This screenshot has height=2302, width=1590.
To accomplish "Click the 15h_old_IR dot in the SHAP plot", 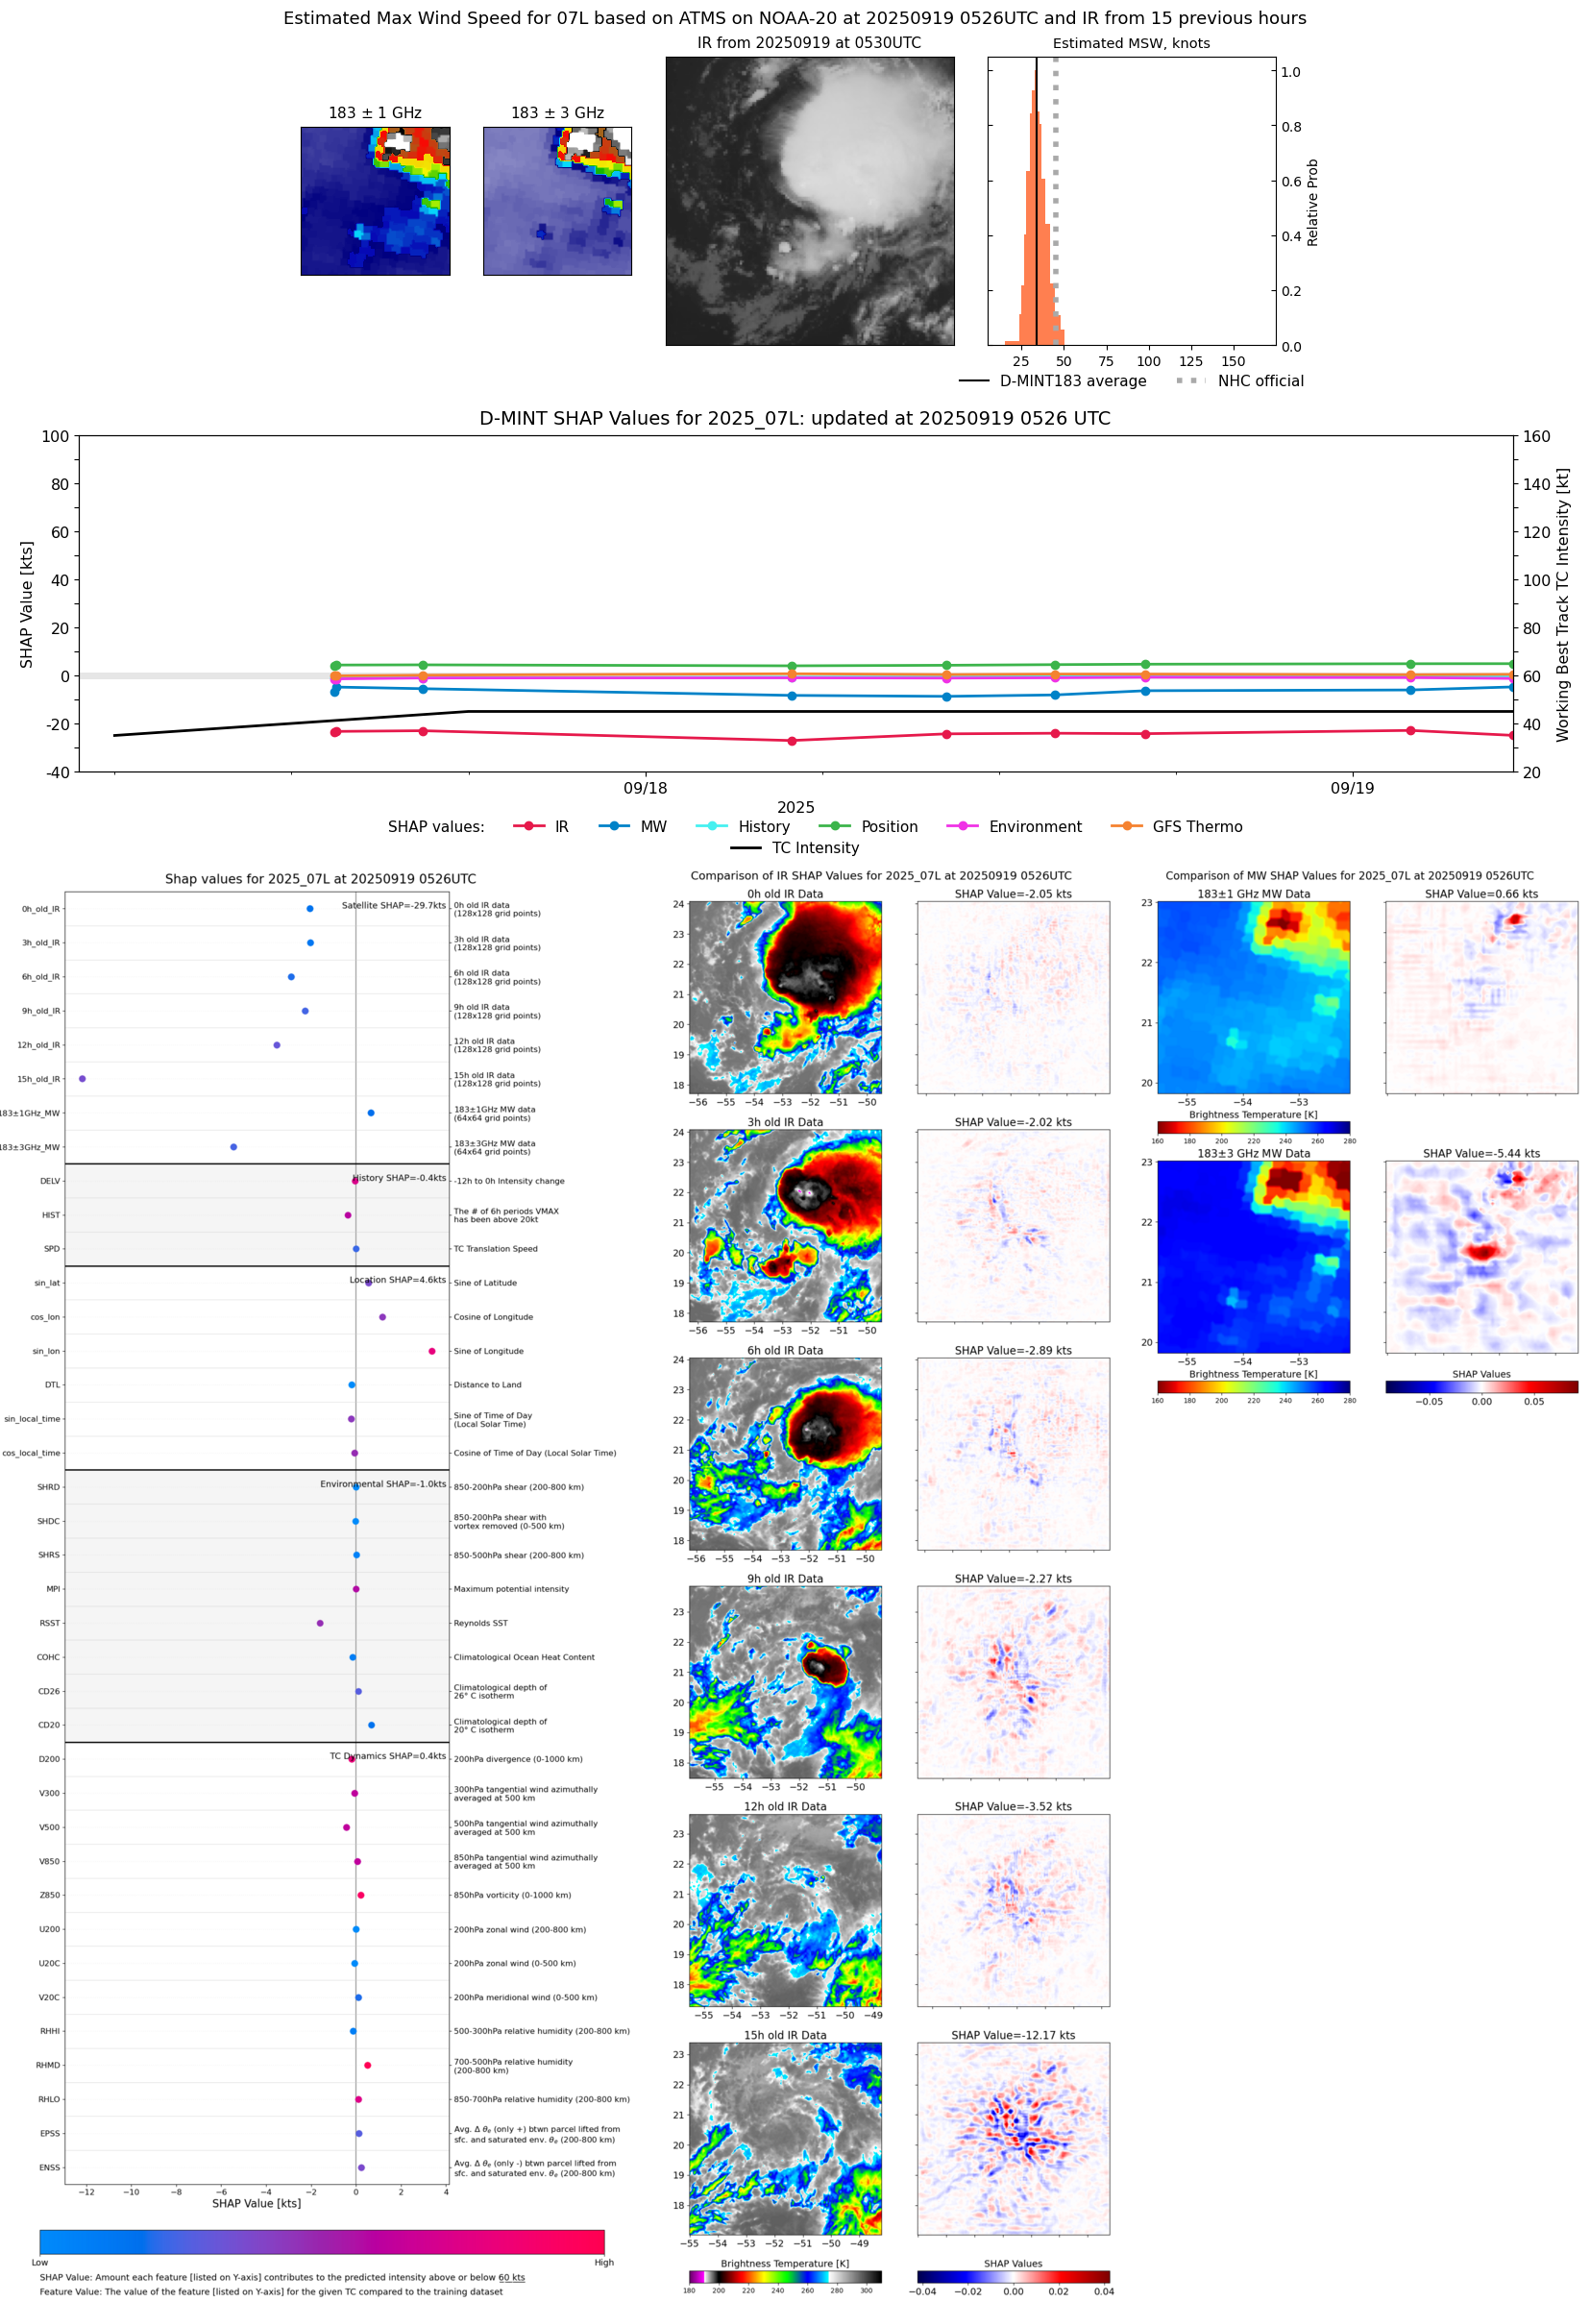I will (83, 1079).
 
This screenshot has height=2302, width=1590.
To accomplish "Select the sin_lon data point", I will (431, 1351).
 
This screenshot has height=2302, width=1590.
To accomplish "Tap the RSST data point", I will (320, 1623).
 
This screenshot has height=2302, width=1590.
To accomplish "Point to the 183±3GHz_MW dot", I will (233, 1146).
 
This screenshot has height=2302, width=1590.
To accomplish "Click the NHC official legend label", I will (1260, 380).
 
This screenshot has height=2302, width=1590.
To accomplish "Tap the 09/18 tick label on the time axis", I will (646, 788).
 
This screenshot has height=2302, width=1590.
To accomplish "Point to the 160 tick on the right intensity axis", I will (1536, 436).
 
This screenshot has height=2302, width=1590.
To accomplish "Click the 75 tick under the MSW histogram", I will (1106, 361).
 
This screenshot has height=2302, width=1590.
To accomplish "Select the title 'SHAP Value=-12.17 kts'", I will (1013, 2035).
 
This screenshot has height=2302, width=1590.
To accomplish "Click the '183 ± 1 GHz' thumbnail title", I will (375, 113).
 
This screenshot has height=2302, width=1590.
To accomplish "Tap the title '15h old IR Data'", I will (785, 2035).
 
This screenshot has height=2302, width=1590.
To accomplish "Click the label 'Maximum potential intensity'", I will (511, 1589).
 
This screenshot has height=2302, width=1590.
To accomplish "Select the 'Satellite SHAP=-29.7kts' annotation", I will (394, 905).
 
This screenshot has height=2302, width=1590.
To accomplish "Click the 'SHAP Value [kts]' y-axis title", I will (27, 603).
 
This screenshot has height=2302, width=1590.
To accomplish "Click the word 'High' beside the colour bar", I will (603, 2263).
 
